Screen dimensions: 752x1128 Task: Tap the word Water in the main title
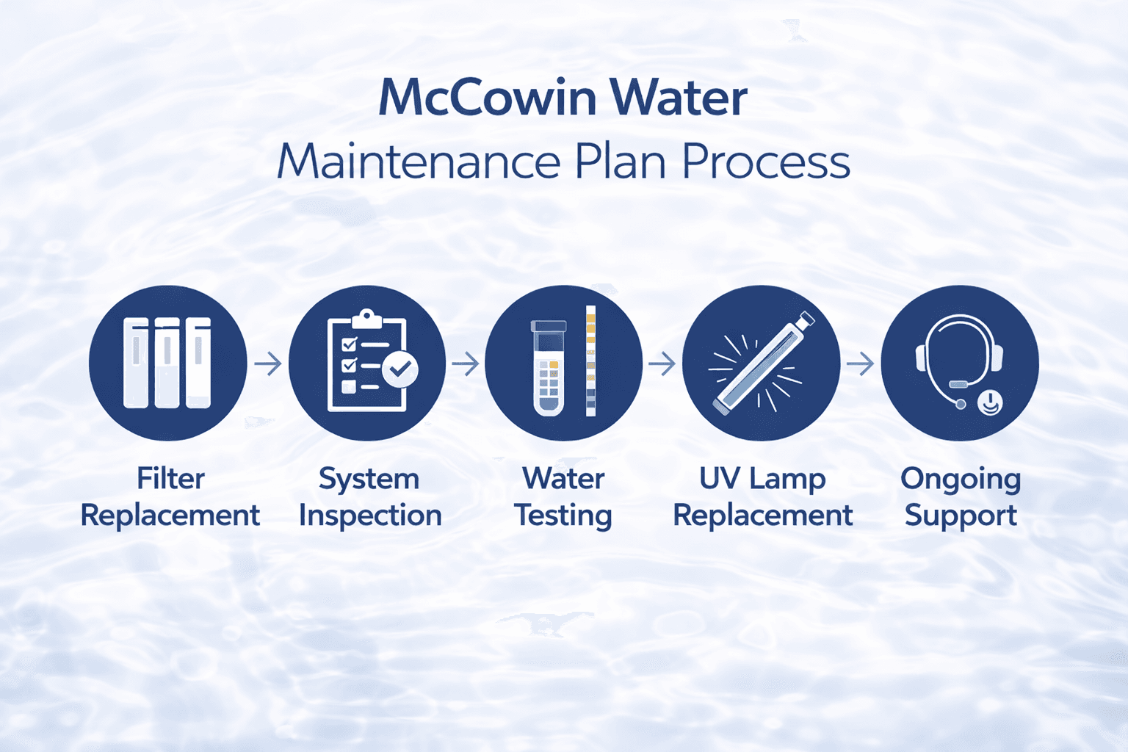click(679, 98)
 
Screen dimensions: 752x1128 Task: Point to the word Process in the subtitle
click(766, 162)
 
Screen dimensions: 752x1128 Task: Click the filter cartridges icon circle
click(167, 363)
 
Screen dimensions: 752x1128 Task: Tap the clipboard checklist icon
click(366, 363)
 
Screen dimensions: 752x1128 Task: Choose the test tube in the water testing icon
click(549, 367)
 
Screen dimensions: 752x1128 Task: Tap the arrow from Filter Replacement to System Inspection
click(268, 363)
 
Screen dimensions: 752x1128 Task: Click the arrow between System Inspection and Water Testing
click(466, 363)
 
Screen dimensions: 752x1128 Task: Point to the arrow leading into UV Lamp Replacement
click(662, 363)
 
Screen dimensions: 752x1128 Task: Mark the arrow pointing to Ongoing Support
click(860, 363)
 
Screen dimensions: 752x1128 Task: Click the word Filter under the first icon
click(170, 479)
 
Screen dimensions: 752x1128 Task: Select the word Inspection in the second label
click(370, 516)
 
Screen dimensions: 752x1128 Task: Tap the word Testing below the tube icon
click(563, 516)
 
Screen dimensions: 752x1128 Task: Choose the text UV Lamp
click(762, 479)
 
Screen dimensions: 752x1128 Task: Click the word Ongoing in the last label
click(961, 480)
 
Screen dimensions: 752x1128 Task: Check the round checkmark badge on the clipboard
click(400, 369)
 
